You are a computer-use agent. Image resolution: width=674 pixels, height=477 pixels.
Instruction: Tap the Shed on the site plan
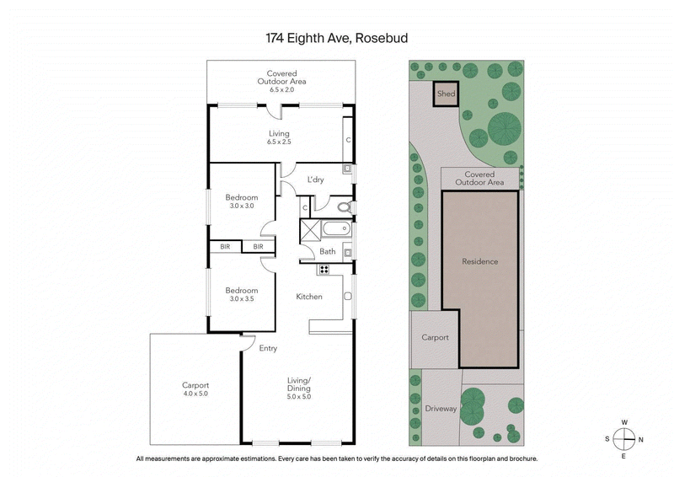[x=446, y=94]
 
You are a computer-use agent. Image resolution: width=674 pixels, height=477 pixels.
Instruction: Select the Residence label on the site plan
[x=479, y=261]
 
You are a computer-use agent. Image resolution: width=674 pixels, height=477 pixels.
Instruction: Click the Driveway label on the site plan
[x=440, y=409]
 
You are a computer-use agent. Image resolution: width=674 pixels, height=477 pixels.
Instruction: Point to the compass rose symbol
[x=623, y=438]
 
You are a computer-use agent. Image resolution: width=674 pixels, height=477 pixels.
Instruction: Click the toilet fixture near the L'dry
[x=343, y=206]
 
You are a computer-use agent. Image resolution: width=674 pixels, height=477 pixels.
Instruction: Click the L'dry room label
[x=315, y=180]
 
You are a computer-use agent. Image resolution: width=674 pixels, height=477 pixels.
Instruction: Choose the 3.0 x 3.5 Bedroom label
[x=240, y=294]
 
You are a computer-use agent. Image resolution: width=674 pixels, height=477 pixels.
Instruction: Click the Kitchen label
[x=309, y=297]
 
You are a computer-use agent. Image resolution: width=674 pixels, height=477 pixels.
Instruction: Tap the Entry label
[x=268, y=348]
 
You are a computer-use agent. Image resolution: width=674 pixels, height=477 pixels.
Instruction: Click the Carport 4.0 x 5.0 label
[x=195, y=389]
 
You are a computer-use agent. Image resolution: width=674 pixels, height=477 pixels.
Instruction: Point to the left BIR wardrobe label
[x=225, y=247]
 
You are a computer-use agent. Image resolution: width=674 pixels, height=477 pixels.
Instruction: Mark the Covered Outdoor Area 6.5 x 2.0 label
[x=281, y=78]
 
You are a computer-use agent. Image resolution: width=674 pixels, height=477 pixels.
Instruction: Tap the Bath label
[x=328, y=251]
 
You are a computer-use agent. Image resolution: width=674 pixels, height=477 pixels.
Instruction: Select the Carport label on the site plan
[x=435, y=337]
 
